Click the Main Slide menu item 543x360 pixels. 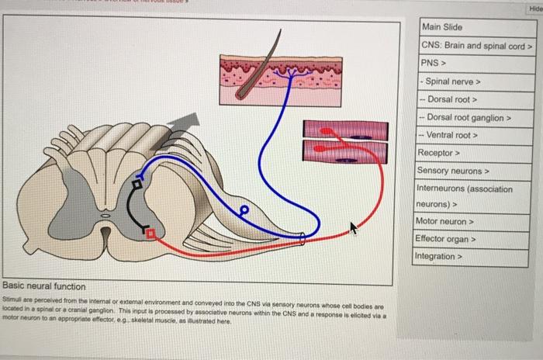point(441,27)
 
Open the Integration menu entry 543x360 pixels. point(439,256)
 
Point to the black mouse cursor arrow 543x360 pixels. point(354,227)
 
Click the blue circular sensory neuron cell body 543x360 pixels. point(243,209)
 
